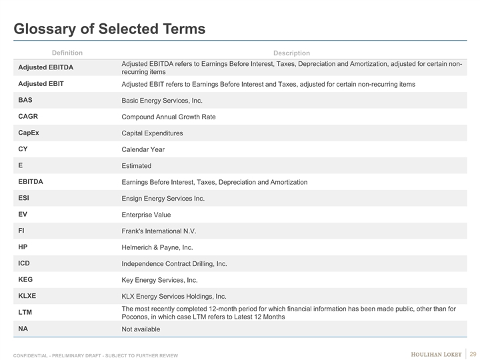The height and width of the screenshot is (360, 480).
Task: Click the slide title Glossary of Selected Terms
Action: tap(110, 29)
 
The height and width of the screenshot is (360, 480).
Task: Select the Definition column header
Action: tap(67, 53)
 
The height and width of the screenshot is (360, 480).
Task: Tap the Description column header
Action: tap(291, 53)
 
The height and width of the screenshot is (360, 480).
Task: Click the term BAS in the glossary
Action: tap(25, 100)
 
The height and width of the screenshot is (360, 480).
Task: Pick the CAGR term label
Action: tap(29, 116)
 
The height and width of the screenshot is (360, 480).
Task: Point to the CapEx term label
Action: tap(29, 133)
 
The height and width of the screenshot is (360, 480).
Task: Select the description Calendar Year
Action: tap(143, 149)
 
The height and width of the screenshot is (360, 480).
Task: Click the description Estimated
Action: tap(136, 165)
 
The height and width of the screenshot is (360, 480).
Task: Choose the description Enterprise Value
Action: tap(146, 215)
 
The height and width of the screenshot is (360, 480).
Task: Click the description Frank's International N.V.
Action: tap(159, 231)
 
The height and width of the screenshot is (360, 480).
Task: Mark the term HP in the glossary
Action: tap(23, 247)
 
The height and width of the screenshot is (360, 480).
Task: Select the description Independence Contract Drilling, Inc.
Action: tap(174, 263)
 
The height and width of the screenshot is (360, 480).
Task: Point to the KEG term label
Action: tap(26, 279)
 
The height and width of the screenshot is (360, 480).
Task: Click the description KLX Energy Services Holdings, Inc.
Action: tap(173, 296)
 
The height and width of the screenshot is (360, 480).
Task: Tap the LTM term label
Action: tap(25, 312)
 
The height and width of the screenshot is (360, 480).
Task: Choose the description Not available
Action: tap(141, 329)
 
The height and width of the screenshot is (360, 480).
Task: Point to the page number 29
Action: tap(473, 353)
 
